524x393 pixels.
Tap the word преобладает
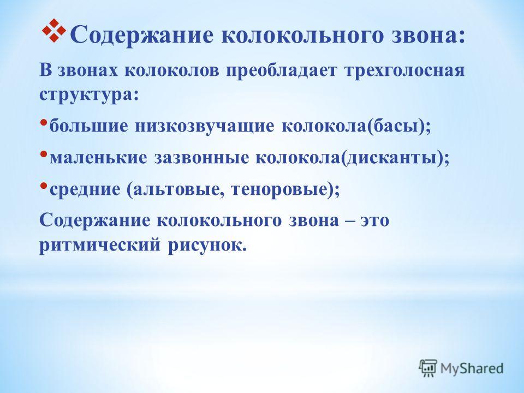coord(281,71)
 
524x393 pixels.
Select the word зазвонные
coord(201,158)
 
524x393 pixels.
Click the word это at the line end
coord(374,221)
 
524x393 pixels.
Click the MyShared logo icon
coord(428,368)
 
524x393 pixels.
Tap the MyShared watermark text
coord(472,368)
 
